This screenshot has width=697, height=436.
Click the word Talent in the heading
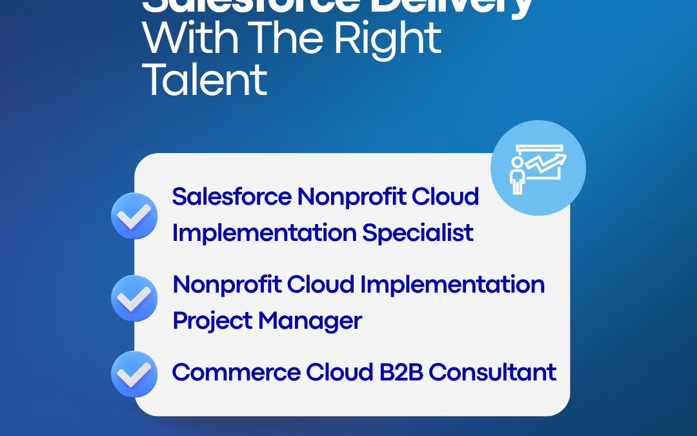205,80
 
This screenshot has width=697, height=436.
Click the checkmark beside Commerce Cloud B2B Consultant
134,374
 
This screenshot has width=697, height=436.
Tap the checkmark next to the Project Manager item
134,298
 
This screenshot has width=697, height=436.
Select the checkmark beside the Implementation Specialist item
134,216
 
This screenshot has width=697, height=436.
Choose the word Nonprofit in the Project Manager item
227,285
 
